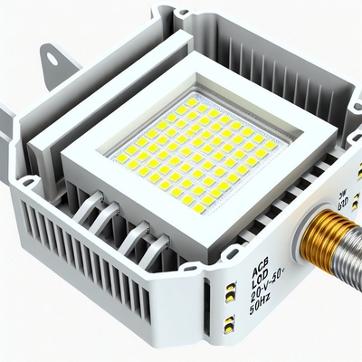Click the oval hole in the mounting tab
point(52,60)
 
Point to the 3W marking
point(319,192)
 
